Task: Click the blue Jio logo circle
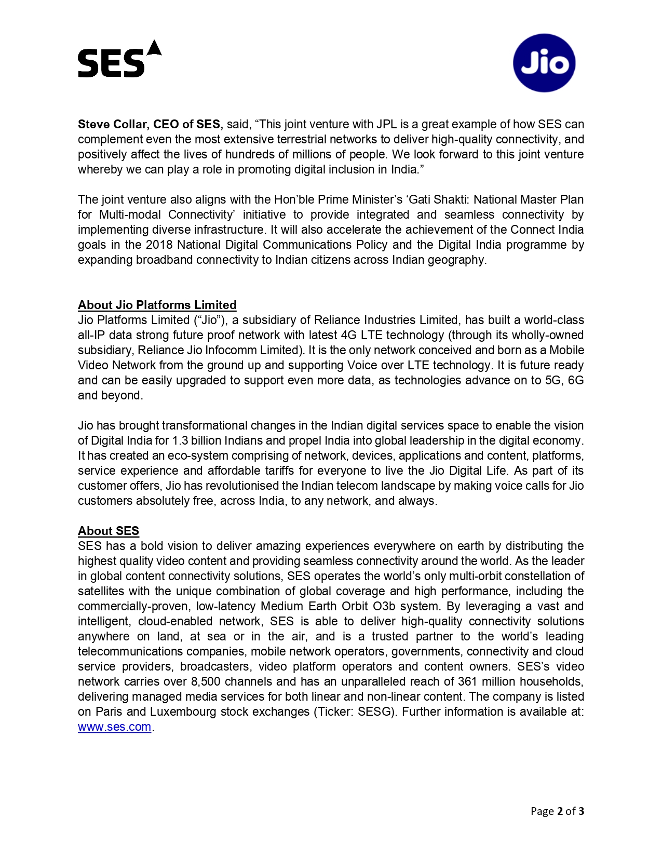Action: point(544,63)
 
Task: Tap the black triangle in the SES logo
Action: point(155,48)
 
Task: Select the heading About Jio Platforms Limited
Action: point(157,305)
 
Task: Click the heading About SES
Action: point(109,531)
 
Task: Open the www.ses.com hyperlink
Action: point(114,727)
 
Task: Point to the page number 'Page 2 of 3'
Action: point(557,811)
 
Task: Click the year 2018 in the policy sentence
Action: point(159,245)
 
